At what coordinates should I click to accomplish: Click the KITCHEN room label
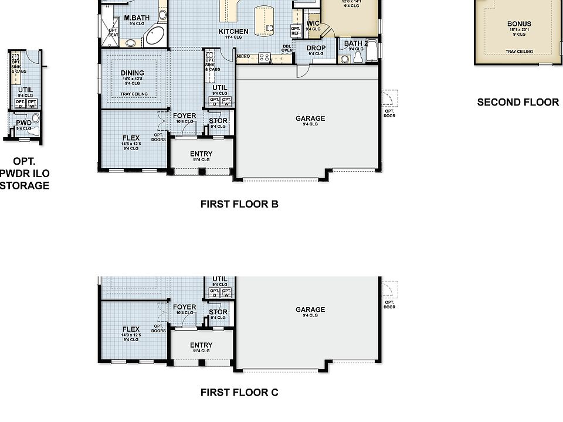click(x=233, y=32)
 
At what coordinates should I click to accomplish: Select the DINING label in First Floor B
click(x=133, y=73)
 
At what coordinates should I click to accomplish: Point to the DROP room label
click(x=316, y=48)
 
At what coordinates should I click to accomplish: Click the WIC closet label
click(x=313, y=23)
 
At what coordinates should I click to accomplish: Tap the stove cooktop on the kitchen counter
click(x=263, y=57)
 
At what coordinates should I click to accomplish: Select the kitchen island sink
click(x=269, y=28)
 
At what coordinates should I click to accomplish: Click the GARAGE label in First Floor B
click(x=310, y=119)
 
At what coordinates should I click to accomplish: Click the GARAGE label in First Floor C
click(x=310, y=310)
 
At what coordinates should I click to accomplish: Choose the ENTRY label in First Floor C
click(x=201, y=345)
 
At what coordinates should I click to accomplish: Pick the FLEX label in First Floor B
click(x=131, y=138)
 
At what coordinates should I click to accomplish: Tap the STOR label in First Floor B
click(x=218, y=121)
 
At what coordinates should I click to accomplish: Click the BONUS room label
click(x=519, y=25)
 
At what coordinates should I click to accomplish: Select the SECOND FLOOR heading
click(x=518, y=102)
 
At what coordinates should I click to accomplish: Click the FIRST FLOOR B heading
click(x=239, y=205)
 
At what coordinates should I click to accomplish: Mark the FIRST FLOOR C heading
click(x=239, y=393)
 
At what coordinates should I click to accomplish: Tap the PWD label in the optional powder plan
click(x=23, y=123)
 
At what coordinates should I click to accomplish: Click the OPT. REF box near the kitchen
click(x=295, y=30)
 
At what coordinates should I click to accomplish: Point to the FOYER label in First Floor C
click(x=184, y=307)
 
